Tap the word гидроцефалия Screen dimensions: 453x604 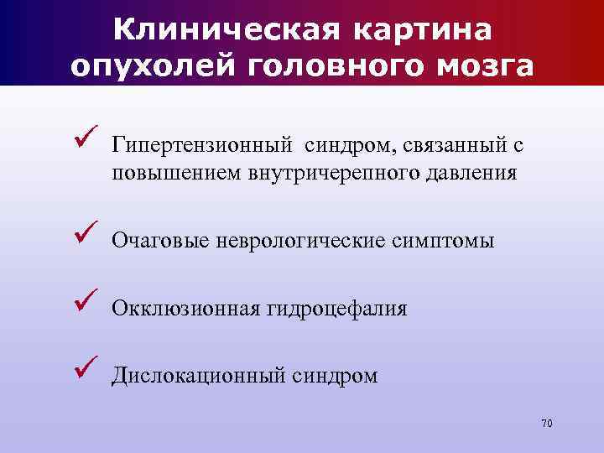point(337,309)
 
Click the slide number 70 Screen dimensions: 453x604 point(547,423)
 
